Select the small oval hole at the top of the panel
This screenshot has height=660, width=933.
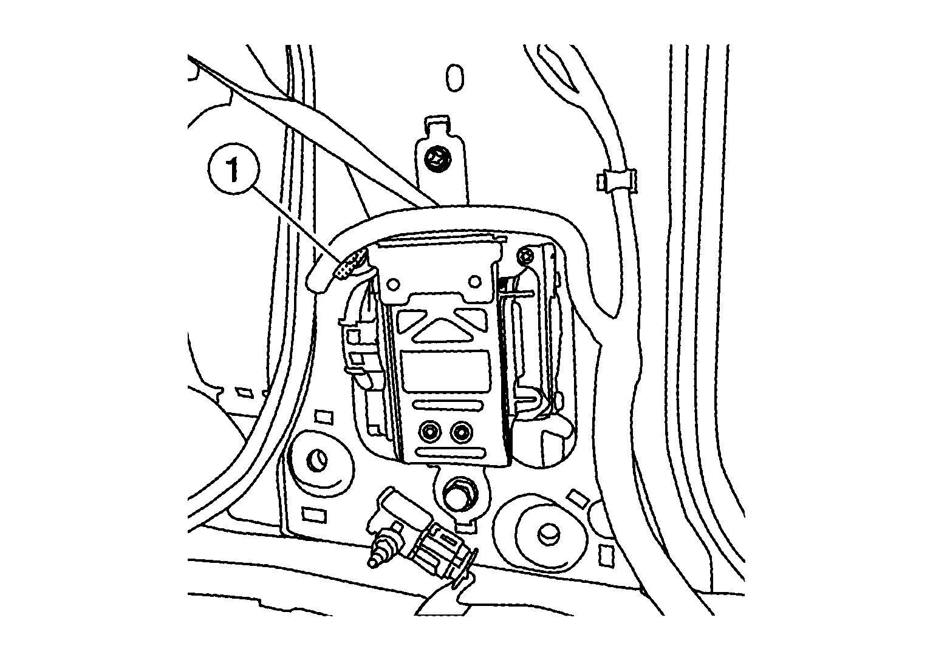[455, 78]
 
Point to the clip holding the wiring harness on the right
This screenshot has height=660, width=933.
[616, 182]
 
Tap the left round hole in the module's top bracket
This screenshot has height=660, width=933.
[393, 285]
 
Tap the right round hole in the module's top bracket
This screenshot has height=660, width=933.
[474, 282]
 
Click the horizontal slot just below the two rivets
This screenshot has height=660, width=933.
[451, 452]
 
